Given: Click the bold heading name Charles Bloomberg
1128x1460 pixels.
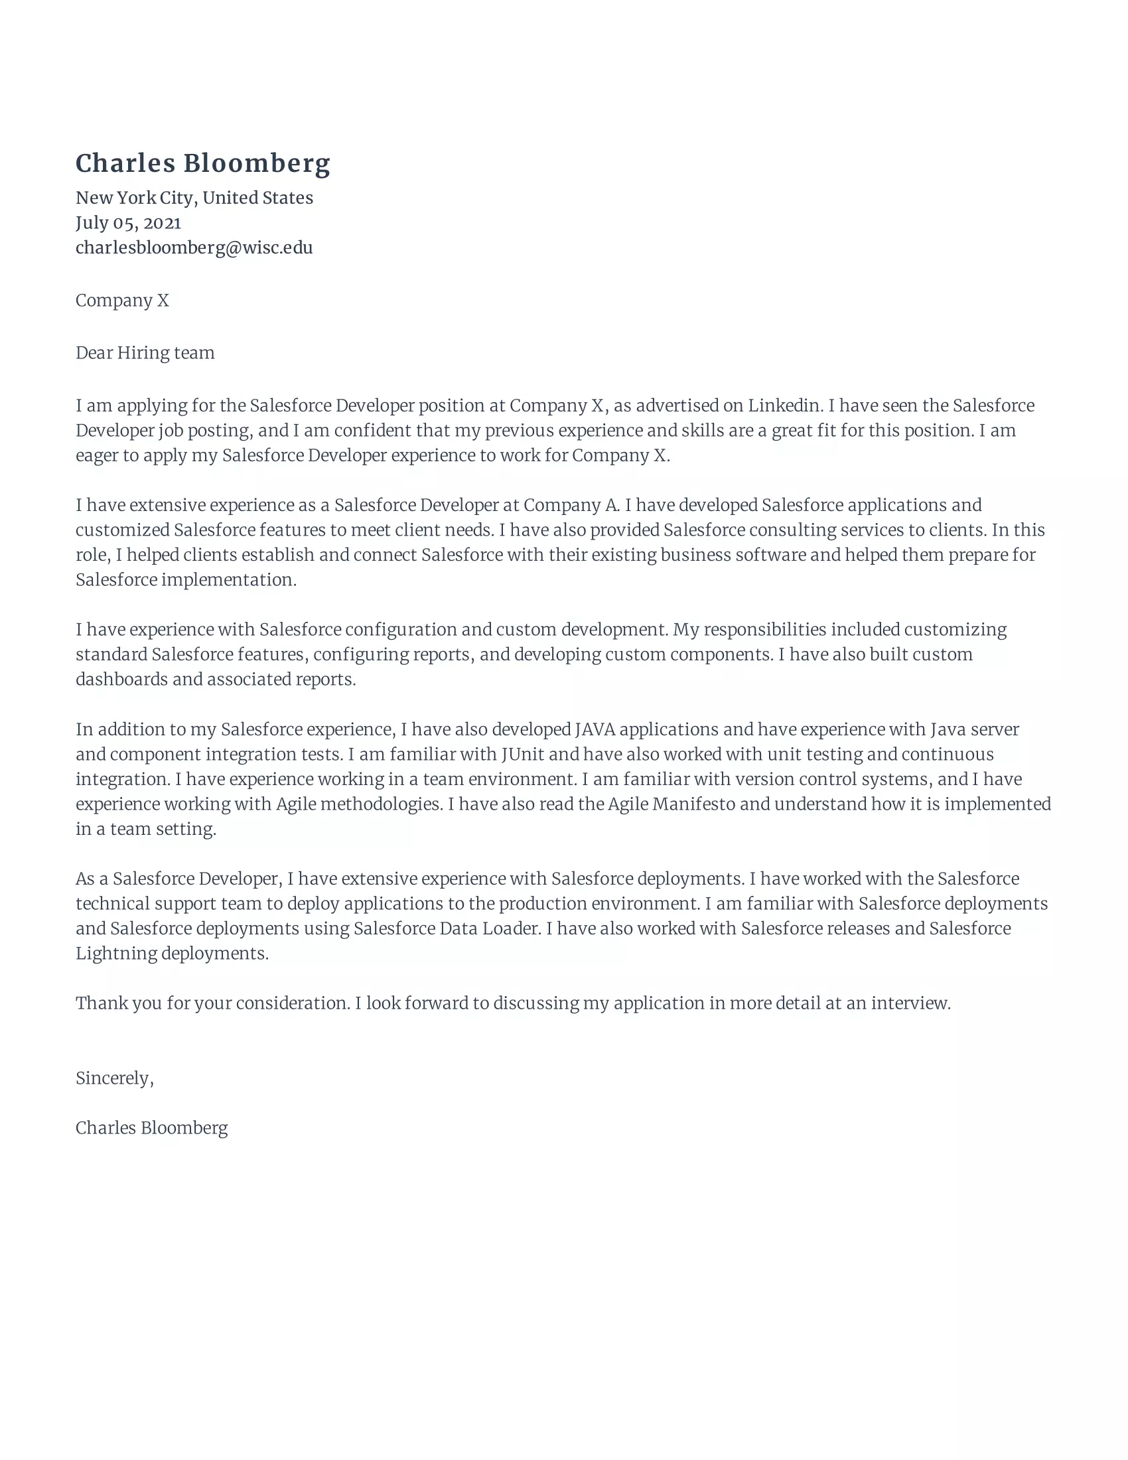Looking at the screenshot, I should pos(202,164).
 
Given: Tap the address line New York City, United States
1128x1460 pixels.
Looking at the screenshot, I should pos(194,198).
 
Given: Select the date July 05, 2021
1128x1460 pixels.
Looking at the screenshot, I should pos(128,222).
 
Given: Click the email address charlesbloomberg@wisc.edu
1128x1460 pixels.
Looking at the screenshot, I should pos(194,248).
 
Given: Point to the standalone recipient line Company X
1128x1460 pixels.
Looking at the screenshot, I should pos(122,301).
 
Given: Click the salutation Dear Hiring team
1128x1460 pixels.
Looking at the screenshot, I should pos(145,353).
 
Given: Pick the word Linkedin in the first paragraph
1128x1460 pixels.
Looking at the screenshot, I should pos(784,405).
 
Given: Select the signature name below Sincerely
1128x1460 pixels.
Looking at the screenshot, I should pos(152,1128).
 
